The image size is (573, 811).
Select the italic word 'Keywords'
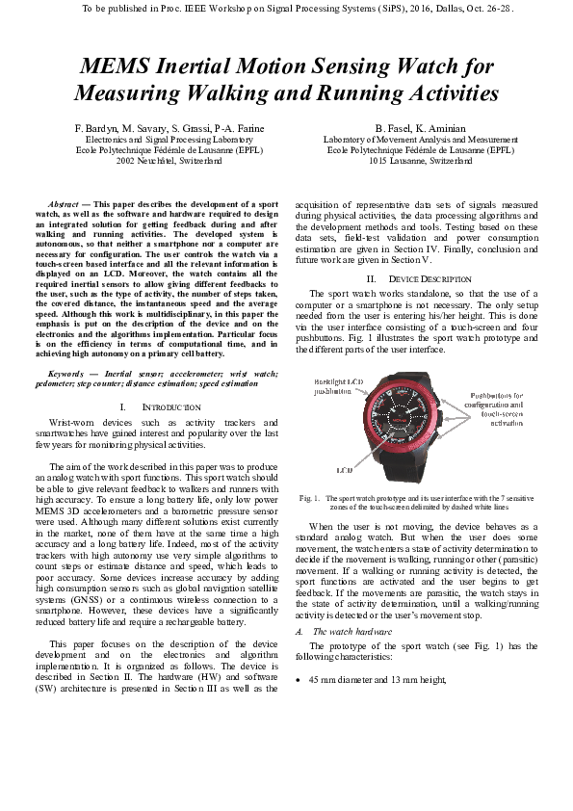[67, 371]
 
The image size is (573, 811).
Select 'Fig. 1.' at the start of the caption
[309, 498]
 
